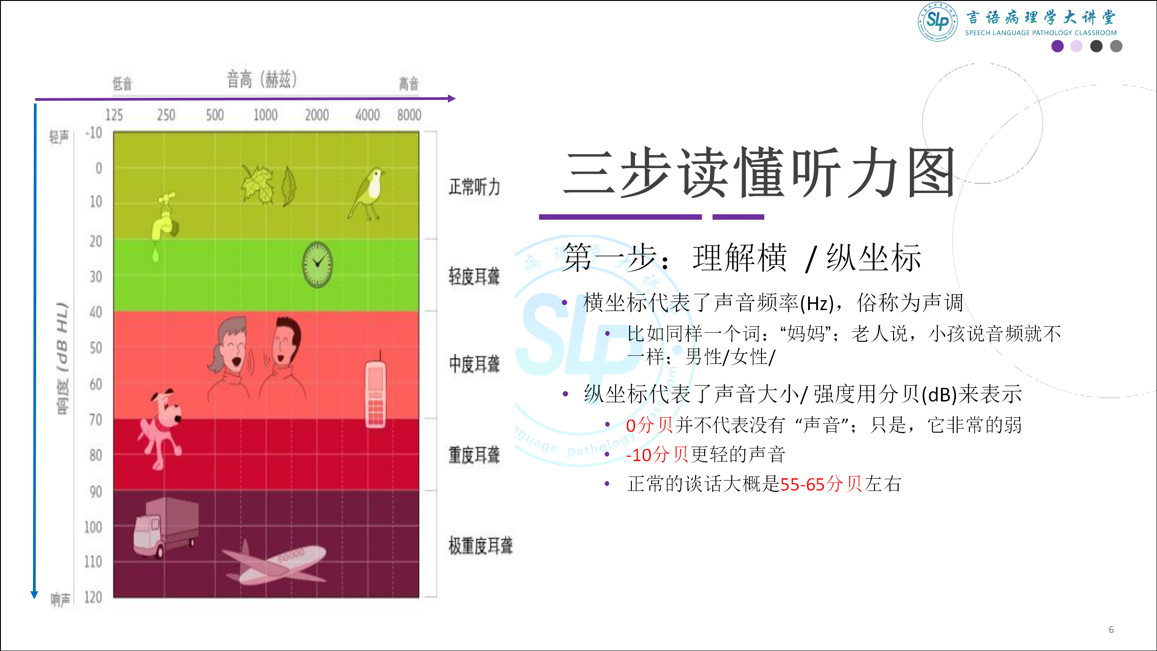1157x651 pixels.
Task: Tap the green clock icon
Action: point(318,264)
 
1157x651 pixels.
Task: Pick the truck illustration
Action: point(166,527)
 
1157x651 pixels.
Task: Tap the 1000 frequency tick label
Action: point(265,115)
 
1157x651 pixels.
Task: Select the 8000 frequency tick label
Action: point(409,115)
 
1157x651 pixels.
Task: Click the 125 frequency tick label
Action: point(114,115)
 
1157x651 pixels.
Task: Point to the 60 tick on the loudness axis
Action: point(96,384)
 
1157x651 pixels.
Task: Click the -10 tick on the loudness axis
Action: point(94,133)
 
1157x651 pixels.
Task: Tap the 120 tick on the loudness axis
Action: point(93,597)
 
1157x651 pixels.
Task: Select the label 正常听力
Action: point(475,187)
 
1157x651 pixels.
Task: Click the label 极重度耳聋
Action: point(480,546)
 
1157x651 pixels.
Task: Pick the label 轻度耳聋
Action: point(475,276)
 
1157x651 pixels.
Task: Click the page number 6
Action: point(1111,630)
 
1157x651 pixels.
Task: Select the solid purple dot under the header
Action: point(1058,46)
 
